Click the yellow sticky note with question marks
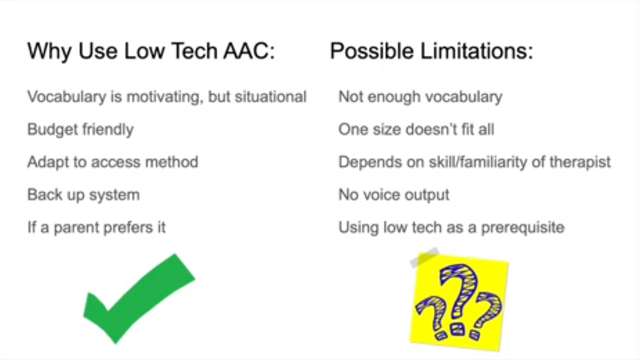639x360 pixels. click(459, 302)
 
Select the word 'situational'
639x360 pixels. click(271, 97)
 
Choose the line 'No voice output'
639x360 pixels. click(394, 195)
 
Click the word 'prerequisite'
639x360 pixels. click(523, 228)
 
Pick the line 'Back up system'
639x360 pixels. click(84, 195)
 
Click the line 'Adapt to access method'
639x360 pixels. click(113, 162)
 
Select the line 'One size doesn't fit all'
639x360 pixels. click(416, 130)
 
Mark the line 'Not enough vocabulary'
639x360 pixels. click(420, 97)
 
